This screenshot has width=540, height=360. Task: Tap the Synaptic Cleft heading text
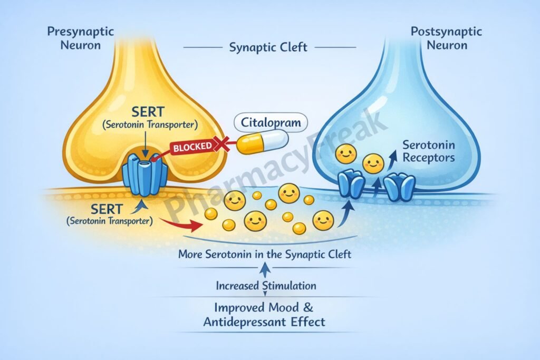coord(268,47)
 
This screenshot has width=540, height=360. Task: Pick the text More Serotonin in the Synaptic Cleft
coord(265,254)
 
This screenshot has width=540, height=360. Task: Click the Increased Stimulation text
coord(266,286)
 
